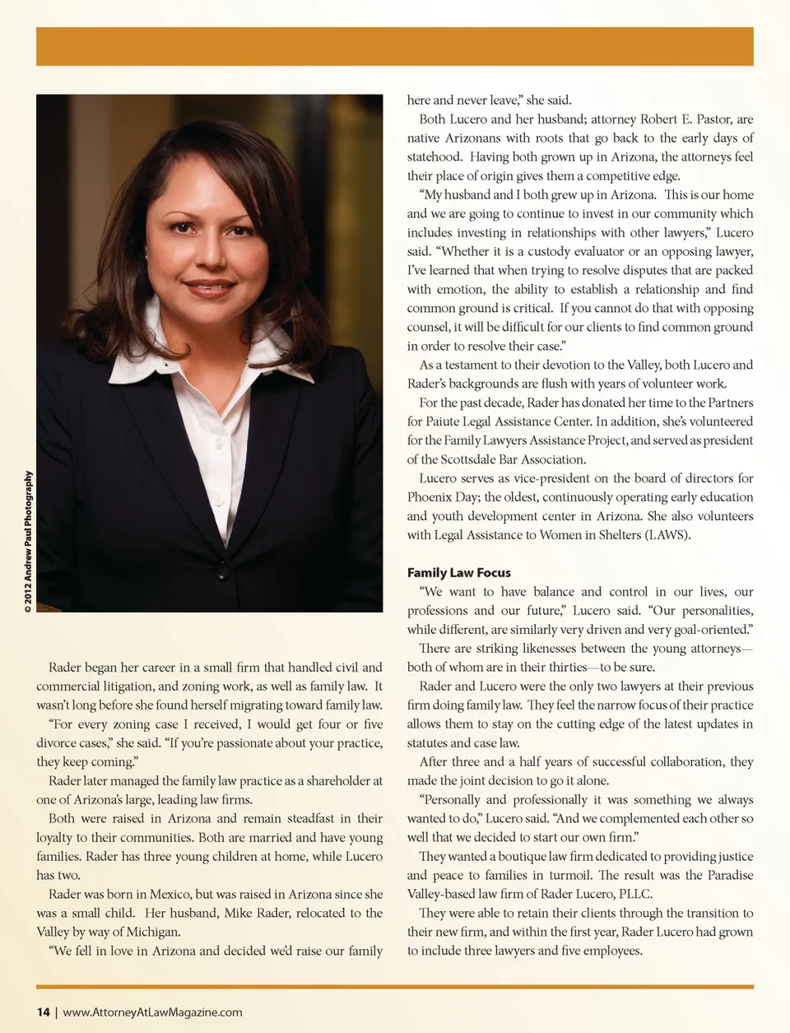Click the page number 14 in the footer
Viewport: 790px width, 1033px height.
[43, 1012]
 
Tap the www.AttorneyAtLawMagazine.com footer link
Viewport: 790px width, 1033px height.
[152, 1012]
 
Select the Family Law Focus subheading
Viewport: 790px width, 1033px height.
[458, 573]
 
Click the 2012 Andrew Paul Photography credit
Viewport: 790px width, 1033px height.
[29, 542]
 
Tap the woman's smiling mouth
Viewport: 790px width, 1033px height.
[209, 287]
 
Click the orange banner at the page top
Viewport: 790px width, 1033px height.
[395, 46]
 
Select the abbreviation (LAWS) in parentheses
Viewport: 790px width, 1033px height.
[667, 535]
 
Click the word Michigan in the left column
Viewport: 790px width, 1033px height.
[154, 932]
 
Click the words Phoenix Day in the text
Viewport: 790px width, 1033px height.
[442, 497]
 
